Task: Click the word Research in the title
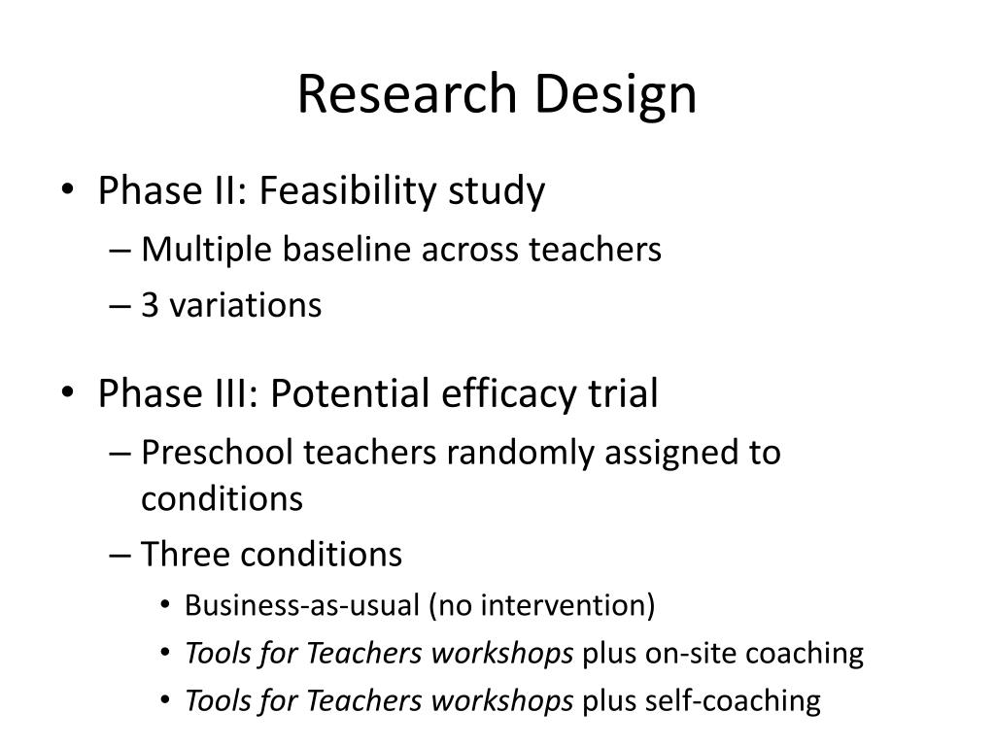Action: tap(407, 93)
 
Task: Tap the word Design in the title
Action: tap(615, 95)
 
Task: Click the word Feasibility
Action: tap(349, 191)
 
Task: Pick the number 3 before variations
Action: tap(150, 305)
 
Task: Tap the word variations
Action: tap(246, 305)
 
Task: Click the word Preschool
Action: tap(217, 453)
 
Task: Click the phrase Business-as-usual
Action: tap(302, 604)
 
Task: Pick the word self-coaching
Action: tap(733, 701)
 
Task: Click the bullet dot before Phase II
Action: tap(68, 189)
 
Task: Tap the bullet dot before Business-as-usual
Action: tap(165, 605)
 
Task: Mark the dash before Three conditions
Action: tap(120, 556)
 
